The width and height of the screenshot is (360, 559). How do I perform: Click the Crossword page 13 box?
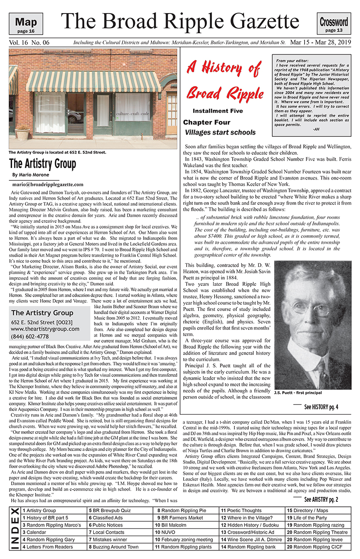point(334,24)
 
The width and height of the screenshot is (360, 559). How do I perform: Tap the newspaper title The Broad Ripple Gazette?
point(180,21)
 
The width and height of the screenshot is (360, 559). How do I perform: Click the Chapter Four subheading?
point(207,122)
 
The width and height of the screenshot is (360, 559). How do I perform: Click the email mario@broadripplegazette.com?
point(48,184)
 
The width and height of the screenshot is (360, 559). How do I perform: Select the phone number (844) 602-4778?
point(31,336)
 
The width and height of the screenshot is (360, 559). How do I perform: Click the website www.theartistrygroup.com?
point(45,329)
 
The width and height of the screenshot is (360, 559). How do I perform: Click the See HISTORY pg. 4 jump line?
point(321,407)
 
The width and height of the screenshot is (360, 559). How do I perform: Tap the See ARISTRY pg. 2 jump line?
point(321,499)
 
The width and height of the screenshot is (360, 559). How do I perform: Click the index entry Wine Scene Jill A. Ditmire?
point(252,539)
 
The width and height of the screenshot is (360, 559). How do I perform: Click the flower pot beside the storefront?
point(22,133)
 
